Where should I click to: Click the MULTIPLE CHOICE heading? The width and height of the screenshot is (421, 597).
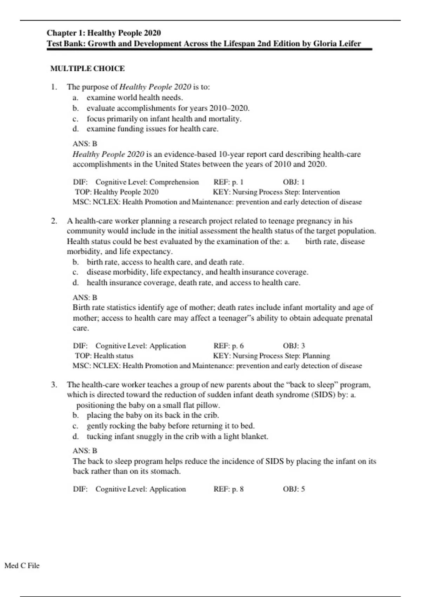click(x=87, y=68)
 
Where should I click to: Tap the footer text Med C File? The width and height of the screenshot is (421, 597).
click(x=22, y=565)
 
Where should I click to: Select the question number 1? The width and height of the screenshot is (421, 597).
click(x=54, y=87)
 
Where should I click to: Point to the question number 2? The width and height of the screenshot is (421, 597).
click(x=54, y=221)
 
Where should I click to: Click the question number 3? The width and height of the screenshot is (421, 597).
click(x=54, y=385)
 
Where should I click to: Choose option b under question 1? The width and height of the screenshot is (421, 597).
click(x=168, y=108)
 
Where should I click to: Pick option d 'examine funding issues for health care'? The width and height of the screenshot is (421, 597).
click(x=152, y=129)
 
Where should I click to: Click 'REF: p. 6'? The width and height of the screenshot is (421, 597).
click(x=228, y=346)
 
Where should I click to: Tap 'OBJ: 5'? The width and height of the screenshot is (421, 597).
click(x=294, y=489)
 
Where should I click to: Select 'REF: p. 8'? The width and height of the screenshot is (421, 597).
click(x=228, y=489)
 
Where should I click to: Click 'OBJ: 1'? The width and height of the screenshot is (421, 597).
click(x=294, y=182)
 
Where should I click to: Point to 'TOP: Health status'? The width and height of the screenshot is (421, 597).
click(x=104, y=356)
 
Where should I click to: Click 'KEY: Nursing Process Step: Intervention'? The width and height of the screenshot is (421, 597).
click(x=276, y=192)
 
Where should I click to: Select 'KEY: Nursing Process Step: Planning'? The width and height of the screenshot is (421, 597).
click(x=271, y=356)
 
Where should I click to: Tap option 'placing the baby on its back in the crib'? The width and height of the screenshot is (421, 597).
click(x=153, y=415)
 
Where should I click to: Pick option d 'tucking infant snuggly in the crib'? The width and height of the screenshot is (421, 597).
click(x=177, y=437)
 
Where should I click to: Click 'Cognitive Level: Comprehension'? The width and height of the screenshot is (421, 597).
click(x=147, y=182)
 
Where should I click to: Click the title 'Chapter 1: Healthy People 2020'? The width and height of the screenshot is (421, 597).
click(x=104, y=33)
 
